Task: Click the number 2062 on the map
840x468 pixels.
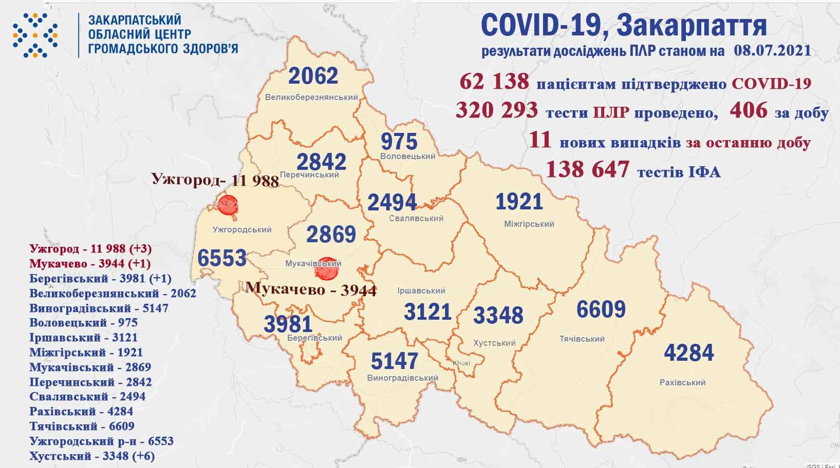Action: pos(313,76)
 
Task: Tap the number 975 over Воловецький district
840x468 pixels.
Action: pos(399,141)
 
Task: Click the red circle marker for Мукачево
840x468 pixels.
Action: pos(326,268)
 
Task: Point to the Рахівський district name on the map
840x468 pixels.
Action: pos(682,382)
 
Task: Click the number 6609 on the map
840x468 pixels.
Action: pos(601,309)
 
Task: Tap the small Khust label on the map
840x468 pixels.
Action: pos(461,363)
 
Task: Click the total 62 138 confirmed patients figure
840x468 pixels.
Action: pos(494,82)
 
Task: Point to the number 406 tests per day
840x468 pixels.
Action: pos(748,110)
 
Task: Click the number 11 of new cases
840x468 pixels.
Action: pos(540,140)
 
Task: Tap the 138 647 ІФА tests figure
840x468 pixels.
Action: pos(587,169)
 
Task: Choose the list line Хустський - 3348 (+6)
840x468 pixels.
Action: pos(92,456)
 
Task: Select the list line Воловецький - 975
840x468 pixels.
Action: pos(83,323)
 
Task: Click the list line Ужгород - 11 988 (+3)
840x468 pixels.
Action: pos(90,248)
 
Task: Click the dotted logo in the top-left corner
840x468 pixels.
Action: pos(34,34)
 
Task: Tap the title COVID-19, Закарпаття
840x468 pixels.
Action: pos(624,25)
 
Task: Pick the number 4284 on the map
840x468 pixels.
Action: pos(688,353)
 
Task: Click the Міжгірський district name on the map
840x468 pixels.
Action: pos(528,224)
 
